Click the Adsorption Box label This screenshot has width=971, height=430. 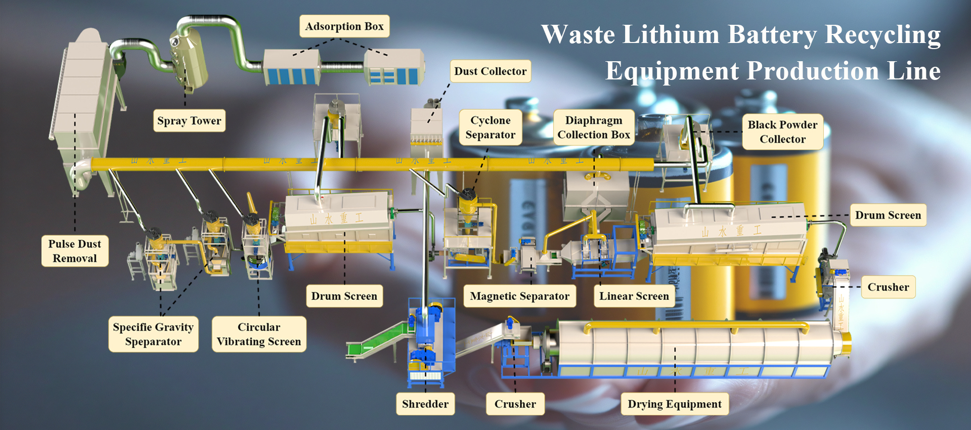(344, 26)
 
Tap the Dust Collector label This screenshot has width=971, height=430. (490, 71)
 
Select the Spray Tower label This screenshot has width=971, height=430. (189, 121)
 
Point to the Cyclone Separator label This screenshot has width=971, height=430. (490, 127)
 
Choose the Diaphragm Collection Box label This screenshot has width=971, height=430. (594, 127)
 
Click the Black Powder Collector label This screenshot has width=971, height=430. (782, 132)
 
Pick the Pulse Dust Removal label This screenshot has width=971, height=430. (75, 251)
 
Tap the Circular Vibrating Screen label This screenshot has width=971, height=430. (259, 334)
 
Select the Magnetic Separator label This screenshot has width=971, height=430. (519, 296)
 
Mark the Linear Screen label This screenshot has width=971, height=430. (634, 296)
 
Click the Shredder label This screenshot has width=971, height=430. (425, 404)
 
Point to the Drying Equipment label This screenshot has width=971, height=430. (675, 404)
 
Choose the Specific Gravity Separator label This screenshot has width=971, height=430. (153, 334)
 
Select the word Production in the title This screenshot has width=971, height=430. (813, 71)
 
